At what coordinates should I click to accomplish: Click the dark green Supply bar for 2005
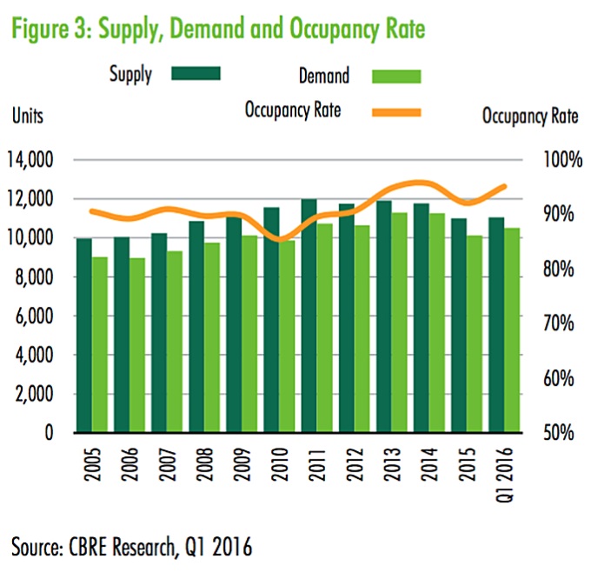pos(84,336)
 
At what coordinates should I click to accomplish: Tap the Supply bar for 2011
pos(309,316)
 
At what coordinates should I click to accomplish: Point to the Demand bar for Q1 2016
pos(511,330)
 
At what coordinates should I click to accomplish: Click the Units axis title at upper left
pos(28,116)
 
